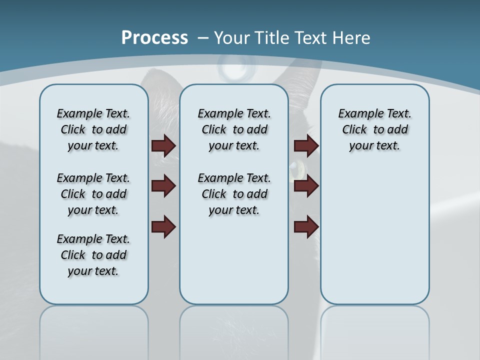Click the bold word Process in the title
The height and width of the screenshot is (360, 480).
(x=154, y=37)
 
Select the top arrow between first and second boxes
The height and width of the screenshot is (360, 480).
(x=163, y=145)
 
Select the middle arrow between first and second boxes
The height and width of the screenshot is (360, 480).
(x=163, y=186)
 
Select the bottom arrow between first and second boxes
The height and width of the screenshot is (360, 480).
(x=163, y=226)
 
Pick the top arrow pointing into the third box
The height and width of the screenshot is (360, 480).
(x=306, y=145)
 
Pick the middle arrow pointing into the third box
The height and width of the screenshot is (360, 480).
(x=306, y=186)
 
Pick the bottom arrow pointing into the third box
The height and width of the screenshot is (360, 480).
(x=306, y=226)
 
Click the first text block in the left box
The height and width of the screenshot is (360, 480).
(x=93, y=129)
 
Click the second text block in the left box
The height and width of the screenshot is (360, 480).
(x=93, y=194)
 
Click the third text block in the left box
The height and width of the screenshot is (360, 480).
(x=93, y=255)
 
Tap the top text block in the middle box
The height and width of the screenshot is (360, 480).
(x=234, y=129)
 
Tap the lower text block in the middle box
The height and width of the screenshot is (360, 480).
(x=234, y=194)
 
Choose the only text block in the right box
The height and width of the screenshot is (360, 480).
(x=374, y=129)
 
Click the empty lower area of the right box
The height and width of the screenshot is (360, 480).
(x=374, y=240)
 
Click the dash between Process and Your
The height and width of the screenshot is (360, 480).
(x=202, y=38)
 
